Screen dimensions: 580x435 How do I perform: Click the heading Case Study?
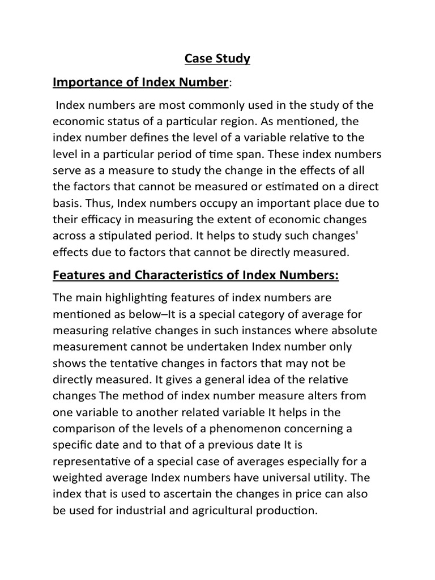pyautogui.click(x=218, y=58)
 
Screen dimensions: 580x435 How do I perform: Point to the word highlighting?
pyautogui.click(x=135, y=298)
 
